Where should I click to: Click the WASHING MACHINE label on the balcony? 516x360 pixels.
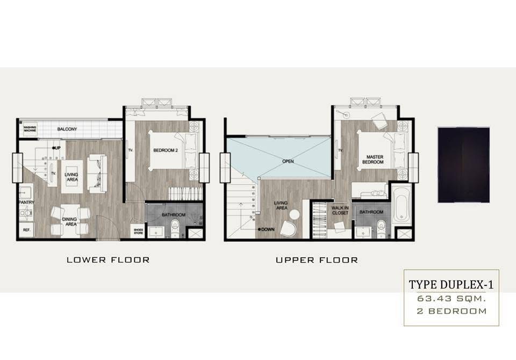30,128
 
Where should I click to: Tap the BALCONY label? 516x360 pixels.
67,129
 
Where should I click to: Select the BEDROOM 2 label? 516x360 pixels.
166,150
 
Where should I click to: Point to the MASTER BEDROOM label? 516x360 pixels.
373,160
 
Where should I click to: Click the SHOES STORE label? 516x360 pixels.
139,232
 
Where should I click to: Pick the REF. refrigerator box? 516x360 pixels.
26,230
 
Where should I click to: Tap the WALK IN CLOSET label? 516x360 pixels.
340,211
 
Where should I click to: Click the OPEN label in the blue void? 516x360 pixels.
288,161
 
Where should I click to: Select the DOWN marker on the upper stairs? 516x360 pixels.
267,229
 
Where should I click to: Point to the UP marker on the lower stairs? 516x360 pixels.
56,148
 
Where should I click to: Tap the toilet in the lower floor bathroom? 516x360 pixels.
175,228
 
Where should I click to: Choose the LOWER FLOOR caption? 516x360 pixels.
108,260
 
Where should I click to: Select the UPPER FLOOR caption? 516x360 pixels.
317,260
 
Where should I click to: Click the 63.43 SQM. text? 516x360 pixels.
451,299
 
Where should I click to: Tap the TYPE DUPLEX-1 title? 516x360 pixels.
451,285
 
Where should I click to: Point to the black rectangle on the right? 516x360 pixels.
464,165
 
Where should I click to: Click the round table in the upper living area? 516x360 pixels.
295,214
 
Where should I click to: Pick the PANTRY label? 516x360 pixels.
26,203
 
